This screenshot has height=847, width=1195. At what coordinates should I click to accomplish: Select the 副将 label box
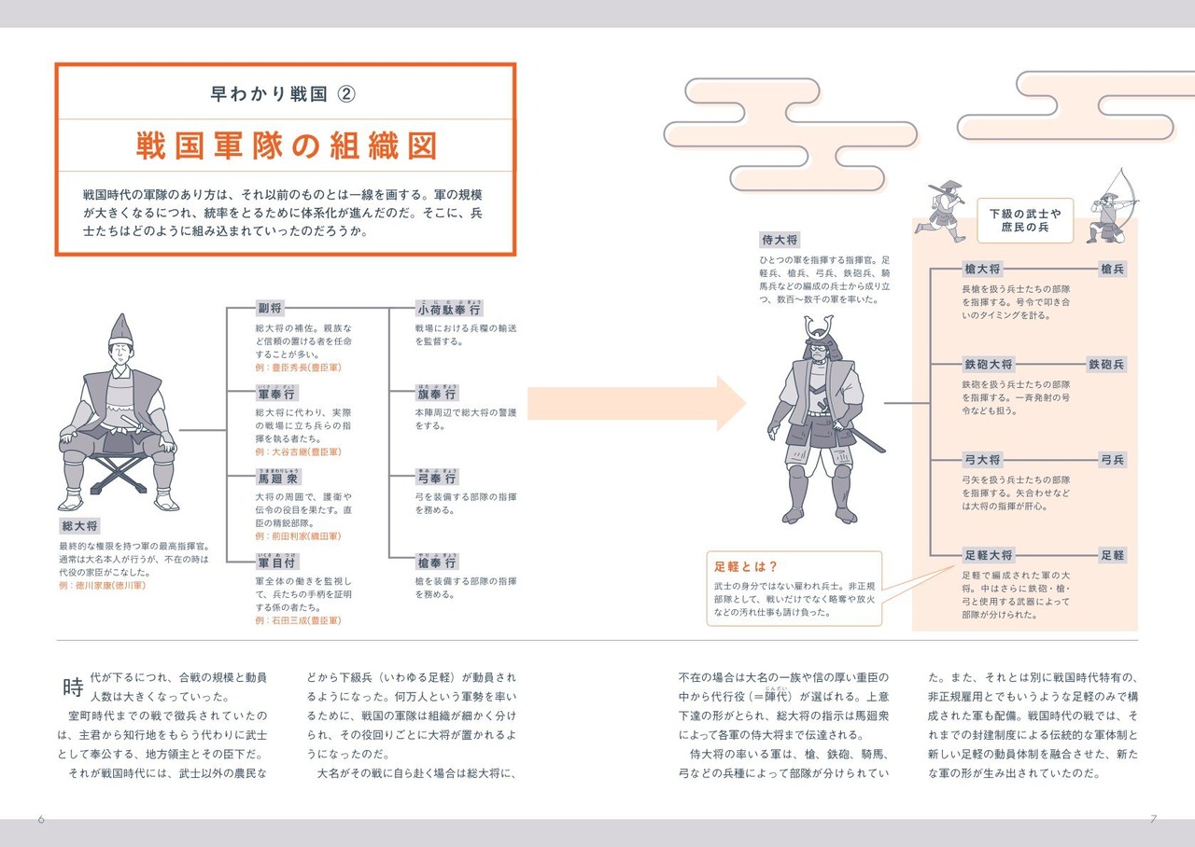click(x=270, y=310)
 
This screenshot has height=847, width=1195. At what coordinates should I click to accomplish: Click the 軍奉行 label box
click(x=277, y=394)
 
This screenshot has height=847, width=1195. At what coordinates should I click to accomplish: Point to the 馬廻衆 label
click(x=278, y=479)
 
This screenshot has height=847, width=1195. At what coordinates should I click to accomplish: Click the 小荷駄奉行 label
click(x=450, y=310)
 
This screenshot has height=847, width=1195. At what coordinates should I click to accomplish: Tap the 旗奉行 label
click(x=437, y=394)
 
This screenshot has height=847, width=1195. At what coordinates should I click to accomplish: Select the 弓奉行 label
click(x=437, y=479)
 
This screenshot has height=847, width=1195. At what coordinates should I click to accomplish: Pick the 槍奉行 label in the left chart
click(x=437, y=562)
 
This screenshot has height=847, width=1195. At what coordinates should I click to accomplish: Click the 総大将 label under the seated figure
click(x=78, y=526)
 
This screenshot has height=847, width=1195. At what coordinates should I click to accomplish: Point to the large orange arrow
click(x=654, y=403)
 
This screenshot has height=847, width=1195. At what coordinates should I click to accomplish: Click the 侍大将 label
click(x=780, y=241)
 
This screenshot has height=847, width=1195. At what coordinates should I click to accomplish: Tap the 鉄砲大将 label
click(x=988, y=364)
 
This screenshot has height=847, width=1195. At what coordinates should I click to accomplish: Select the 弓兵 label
click(x=1112, y=460)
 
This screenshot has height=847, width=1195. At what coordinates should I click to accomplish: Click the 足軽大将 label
click(x=988, y=555)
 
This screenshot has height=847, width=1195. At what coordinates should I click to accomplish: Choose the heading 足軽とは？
click(x=746, y=566)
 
